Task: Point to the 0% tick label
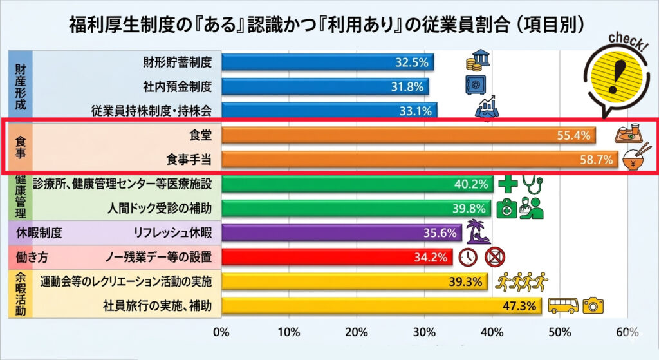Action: (221, 332)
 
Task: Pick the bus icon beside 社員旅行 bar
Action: (562, 306)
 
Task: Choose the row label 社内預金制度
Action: (177, 86)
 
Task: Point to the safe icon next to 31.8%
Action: (476, 86)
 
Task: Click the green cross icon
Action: (508, 184)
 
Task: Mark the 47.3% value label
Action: (521, 306)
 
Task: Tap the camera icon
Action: (593, 306)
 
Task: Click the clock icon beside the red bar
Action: (468, 256)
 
